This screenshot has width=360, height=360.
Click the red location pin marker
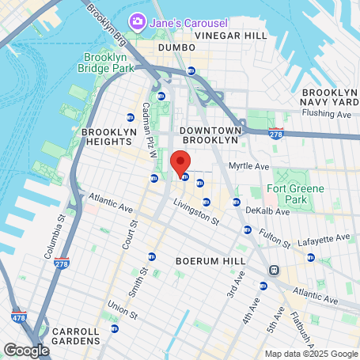pyautogui.click(x=180, y=161)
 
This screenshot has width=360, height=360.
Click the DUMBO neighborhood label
pyautogui.click(x=176, y=47)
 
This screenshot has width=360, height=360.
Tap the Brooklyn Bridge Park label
pyautogui.click(x=110, y=63)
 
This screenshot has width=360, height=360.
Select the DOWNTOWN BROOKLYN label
pyautogui.click(x=209, y=134)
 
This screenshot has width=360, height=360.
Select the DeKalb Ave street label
pyautogui.click(x=263, y=211)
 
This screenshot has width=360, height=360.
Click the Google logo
pyautogui.click(x=26, y=350)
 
